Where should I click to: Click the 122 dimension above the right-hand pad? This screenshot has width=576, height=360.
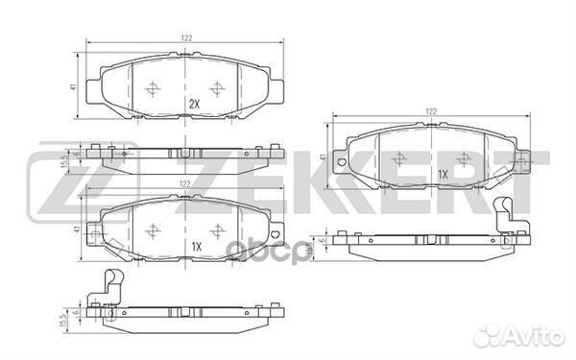[432, 111]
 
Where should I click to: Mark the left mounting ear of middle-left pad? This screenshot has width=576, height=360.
[93, 231]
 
